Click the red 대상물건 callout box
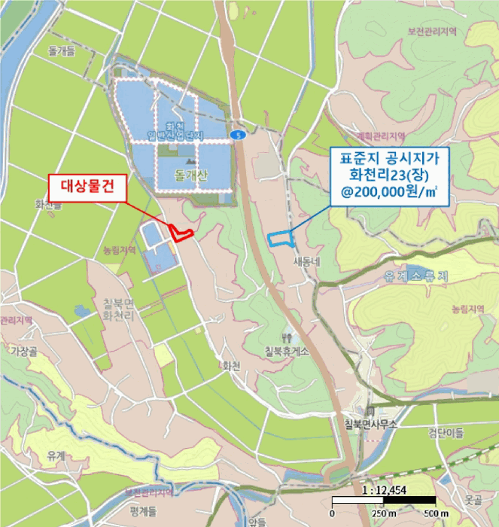pyautogui.click(x=87, y=186)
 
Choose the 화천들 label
pyautogui.click(x=47, y=204)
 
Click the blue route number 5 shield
pyautogui.click(x=239, y=135)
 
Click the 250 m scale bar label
pyautogui.click(x=384, y=513)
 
